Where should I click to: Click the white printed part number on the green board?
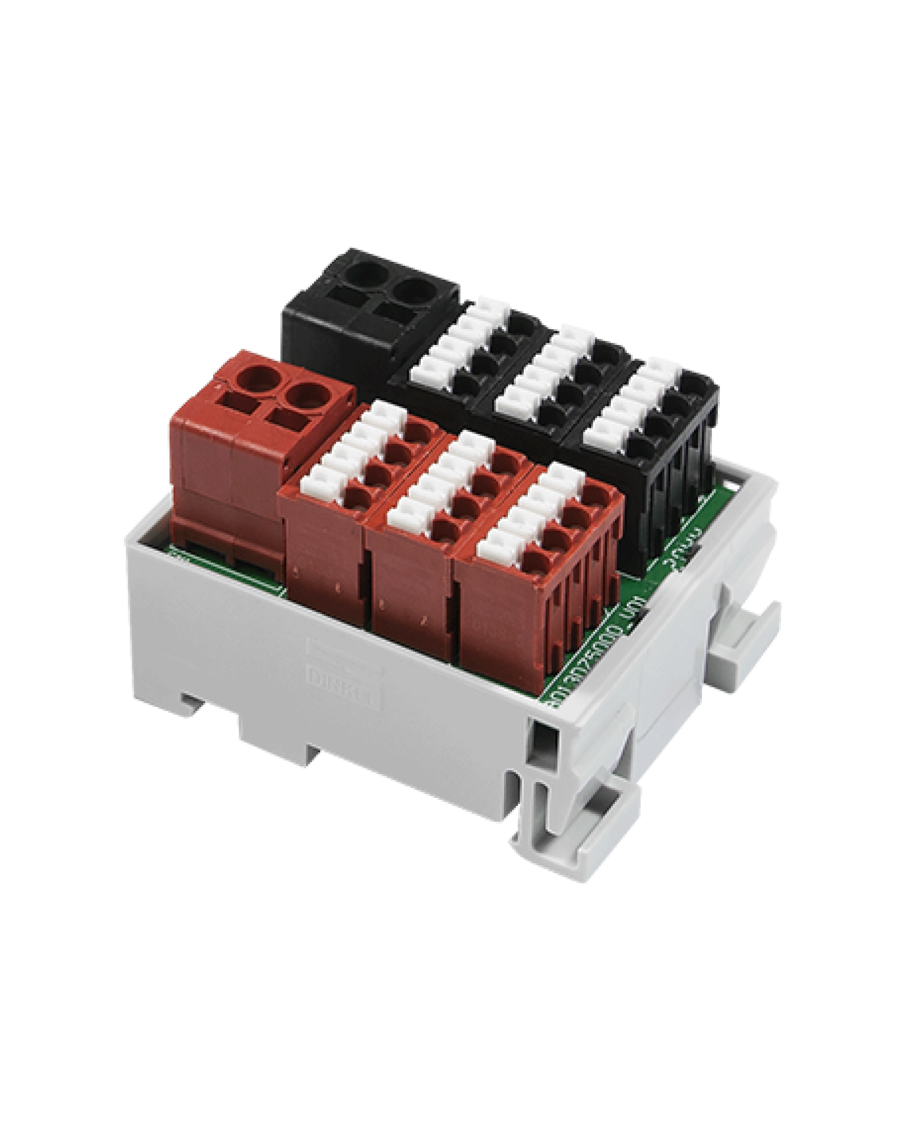[x=600, y=650]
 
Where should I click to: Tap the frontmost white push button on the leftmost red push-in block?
[x=317, y=484]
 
